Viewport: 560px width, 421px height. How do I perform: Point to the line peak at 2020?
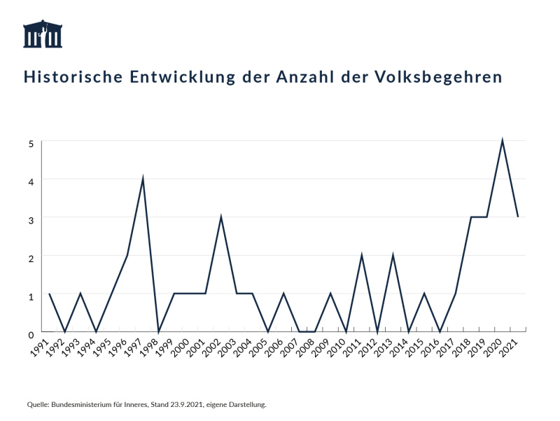(502, 140)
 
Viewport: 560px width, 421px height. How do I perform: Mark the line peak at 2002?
(221, 216)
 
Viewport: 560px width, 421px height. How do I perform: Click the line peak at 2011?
(361, 255)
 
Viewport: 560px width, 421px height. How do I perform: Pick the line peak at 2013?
(393, 255)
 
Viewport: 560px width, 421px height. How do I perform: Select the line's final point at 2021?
(517, 216)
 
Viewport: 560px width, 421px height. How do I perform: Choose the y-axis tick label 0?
(31, 334)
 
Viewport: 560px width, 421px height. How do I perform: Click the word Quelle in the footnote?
(37, 404)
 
